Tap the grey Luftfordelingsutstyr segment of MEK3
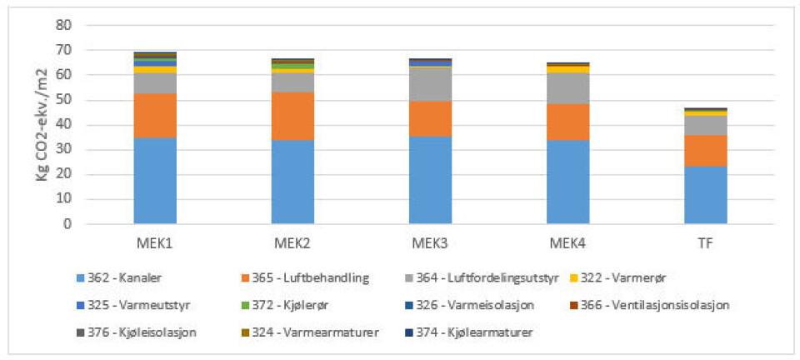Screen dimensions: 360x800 pos(431,84)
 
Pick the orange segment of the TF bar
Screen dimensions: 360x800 pos(706,150)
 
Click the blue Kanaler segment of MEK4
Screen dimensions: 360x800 pos(568,182)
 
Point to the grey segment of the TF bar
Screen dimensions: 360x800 pos(706,125)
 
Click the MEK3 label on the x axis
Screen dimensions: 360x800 pos(431,242)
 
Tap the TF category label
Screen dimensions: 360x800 pos(706,242)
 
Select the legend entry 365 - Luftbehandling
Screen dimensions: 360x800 pos(303,277)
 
